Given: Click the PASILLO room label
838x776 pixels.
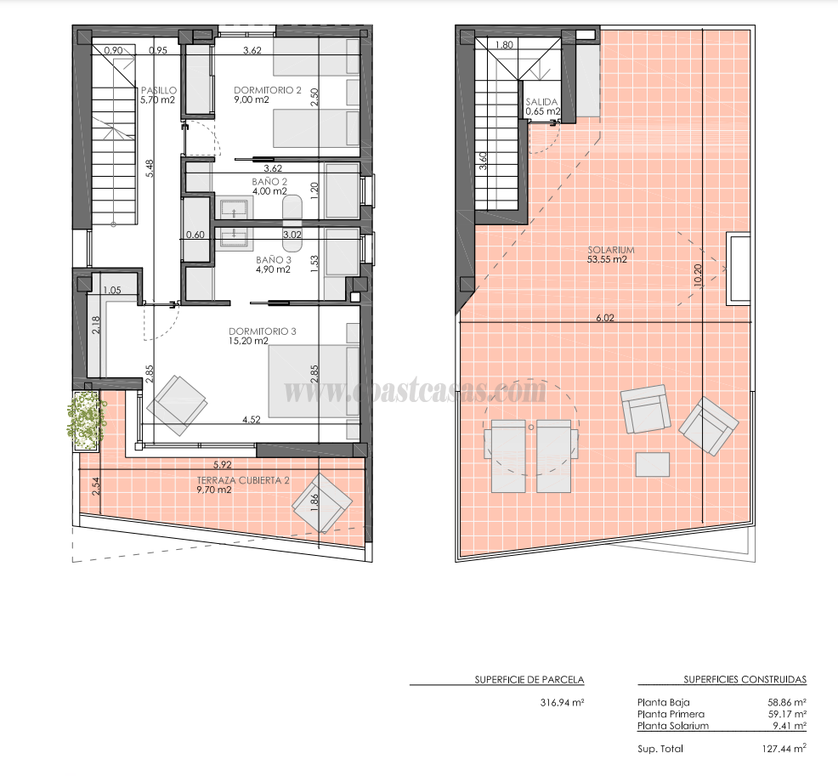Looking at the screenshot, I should (x=159, y=89).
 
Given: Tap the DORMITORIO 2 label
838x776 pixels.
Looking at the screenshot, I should (x=268, y=89).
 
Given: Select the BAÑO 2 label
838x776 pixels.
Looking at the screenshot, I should (x=269, y=182).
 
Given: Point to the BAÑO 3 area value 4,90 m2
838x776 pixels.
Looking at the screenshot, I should (x=273, y=270).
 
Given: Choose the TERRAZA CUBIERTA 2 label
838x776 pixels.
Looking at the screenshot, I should (x=243, y=480).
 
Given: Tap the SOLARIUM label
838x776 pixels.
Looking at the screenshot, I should (x=607, y=251).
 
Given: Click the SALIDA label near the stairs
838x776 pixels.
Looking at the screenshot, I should (x=542, y=101).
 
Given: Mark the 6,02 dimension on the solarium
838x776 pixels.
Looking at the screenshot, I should (x=604, y=318).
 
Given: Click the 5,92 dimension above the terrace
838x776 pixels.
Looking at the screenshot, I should (x=223, y=465).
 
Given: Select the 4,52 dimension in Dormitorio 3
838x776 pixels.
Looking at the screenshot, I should (x=251, y=419).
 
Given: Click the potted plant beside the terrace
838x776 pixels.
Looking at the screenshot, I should (x=85, y=419).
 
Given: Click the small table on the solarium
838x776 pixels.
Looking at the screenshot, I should (x=653, y=464).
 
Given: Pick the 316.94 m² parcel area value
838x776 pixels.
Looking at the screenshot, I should (x=562, y=703).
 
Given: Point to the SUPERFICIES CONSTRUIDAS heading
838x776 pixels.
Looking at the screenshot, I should (x=745, y=679).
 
